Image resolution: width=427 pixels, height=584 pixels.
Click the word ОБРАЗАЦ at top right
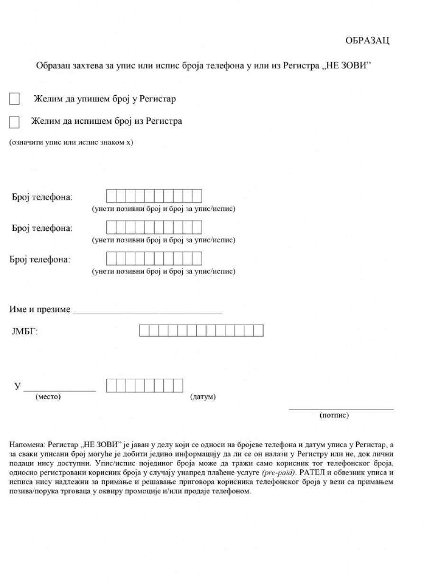click(367, 41)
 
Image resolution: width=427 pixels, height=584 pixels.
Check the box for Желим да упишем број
click(15, 99)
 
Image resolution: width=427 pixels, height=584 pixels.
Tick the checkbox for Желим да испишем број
click(15, 122)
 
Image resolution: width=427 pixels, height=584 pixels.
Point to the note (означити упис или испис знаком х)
click(71, 142)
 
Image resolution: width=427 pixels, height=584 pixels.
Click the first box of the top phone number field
click(111, 196)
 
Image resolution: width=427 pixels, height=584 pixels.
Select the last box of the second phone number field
click(197, 227)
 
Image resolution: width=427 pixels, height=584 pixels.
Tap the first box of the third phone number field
click(111, 258)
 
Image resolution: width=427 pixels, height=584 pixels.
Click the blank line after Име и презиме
click(148, 311)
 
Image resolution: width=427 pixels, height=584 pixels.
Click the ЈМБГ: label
click(25, 331)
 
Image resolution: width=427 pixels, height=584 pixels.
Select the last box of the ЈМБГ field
click(259, 330)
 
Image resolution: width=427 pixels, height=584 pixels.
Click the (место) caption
click(48, 397)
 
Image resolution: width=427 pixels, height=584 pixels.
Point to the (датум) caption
click(203, 397)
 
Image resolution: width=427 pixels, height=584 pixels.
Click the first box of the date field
click(111, 385)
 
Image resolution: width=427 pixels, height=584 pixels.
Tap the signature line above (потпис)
click(341, 409)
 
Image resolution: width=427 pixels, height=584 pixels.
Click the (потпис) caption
click(334, 415)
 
